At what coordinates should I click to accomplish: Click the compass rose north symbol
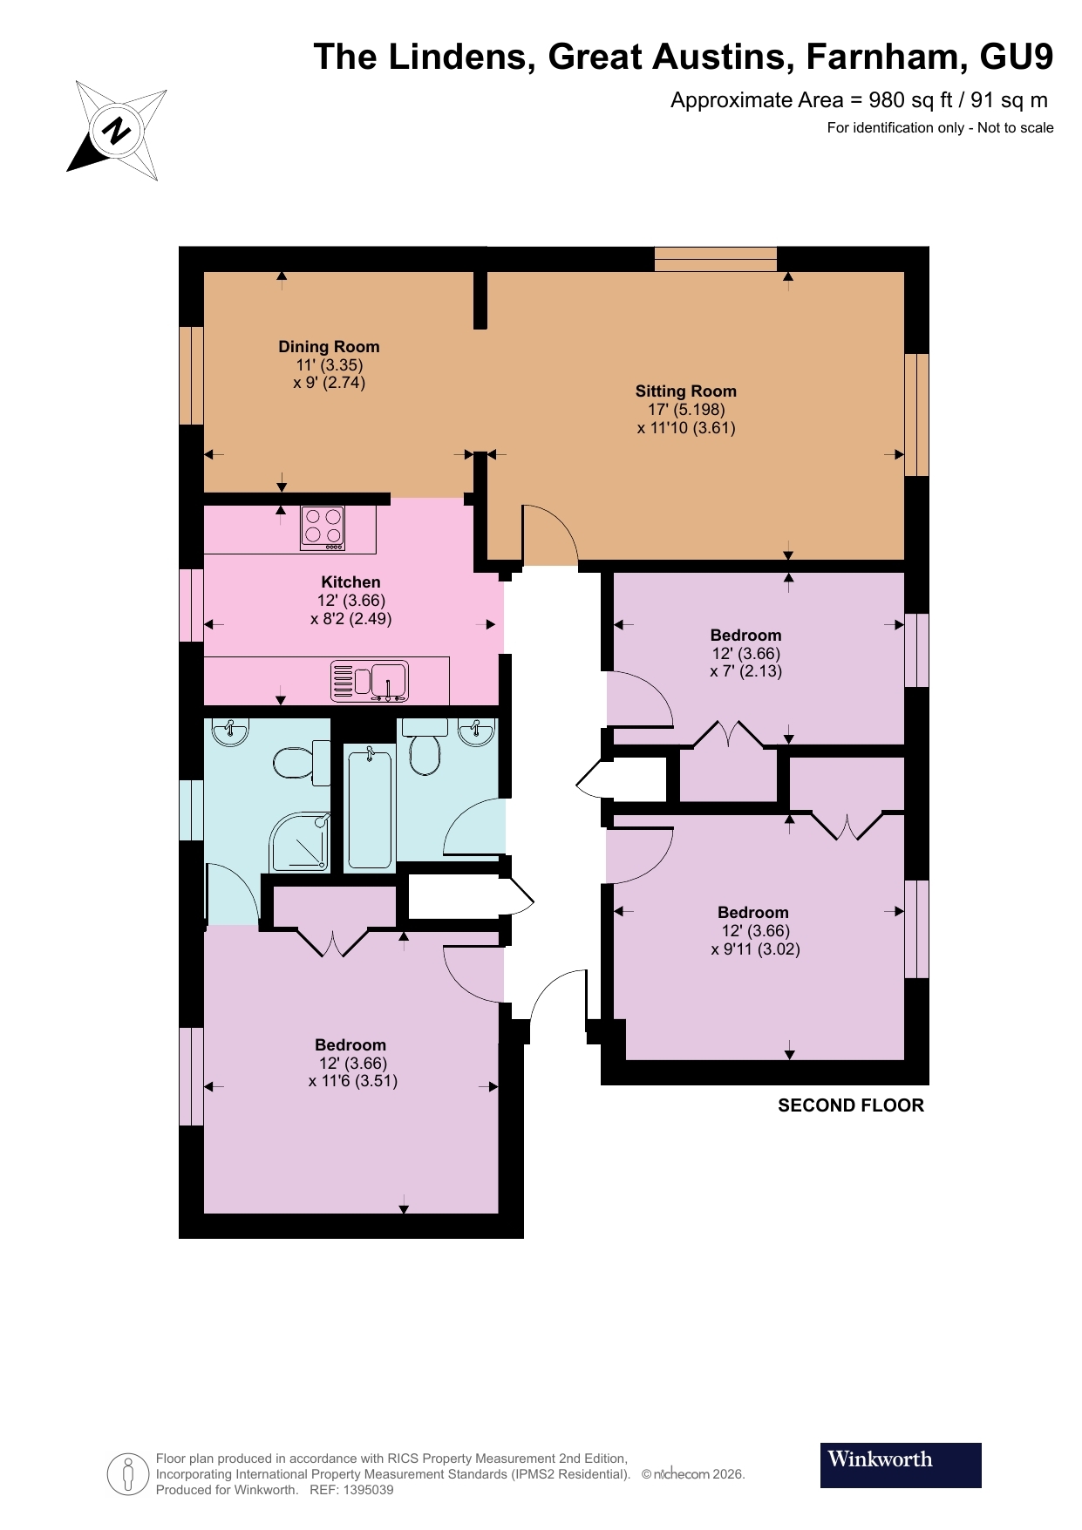pos(116,131)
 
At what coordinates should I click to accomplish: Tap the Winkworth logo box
pos(900,1465)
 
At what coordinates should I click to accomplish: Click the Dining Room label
pos(329,346)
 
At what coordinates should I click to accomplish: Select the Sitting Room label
pos(685,391)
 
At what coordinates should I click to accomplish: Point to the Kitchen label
pos(350,581)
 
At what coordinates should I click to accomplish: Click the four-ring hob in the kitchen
pos(323,527)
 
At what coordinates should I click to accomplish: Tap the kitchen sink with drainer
pos(370,681)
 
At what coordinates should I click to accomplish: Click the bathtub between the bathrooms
pos(370,808)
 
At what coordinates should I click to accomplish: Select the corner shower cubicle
pos(299,842)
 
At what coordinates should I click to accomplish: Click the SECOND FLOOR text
pos(850,1105)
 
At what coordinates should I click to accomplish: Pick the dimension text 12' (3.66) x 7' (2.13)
pos(745,663)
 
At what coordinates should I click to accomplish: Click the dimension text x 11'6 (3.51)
pos(352,1081)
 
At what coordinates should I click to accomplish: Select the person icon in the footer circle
pos(128,1474)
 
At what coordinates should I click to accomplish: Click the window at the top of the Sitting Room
pos(715,259)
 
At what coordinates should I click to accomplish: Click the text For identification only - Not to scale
pos(940,128)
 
